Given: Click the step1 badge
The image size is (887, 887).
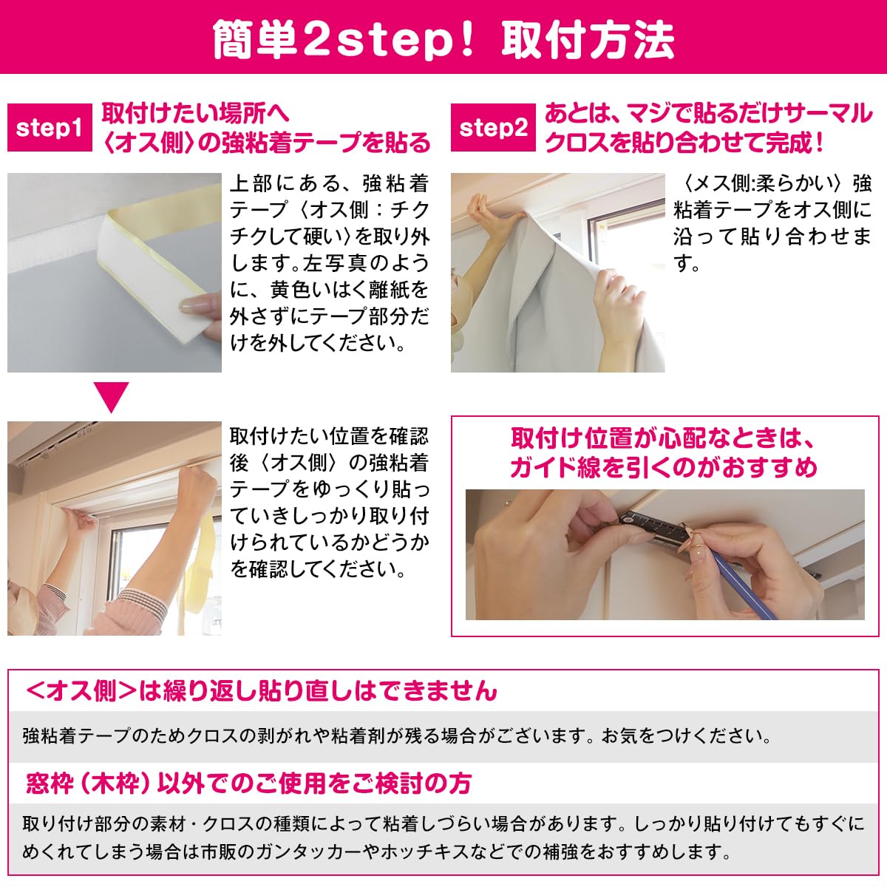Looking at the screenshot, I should pyautogui.click(x=50, y=128).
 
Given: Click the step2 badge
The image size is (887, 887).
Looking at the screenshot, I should pyautogui.click(x=493, y=128).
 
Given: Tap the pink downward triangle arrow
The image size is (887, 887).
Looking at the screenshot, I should pyautogui.click(x=115, y=397).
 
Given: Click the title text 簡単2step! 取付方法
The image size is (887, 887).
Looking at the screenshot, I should pyautogui.click(x=443, y=38).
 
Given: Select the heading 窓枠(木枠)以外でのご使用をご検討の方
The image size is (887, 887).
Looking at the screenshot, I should pyautogui.click(x=248, y=783).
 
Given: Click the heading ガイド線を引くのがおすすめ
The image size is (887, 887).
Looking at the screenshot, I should pyautogui.click(x=663, y=468).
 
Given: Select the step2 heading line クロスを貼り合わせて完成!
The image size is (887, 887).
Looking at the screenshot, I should pyautogui.click(x=684, y=142).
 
